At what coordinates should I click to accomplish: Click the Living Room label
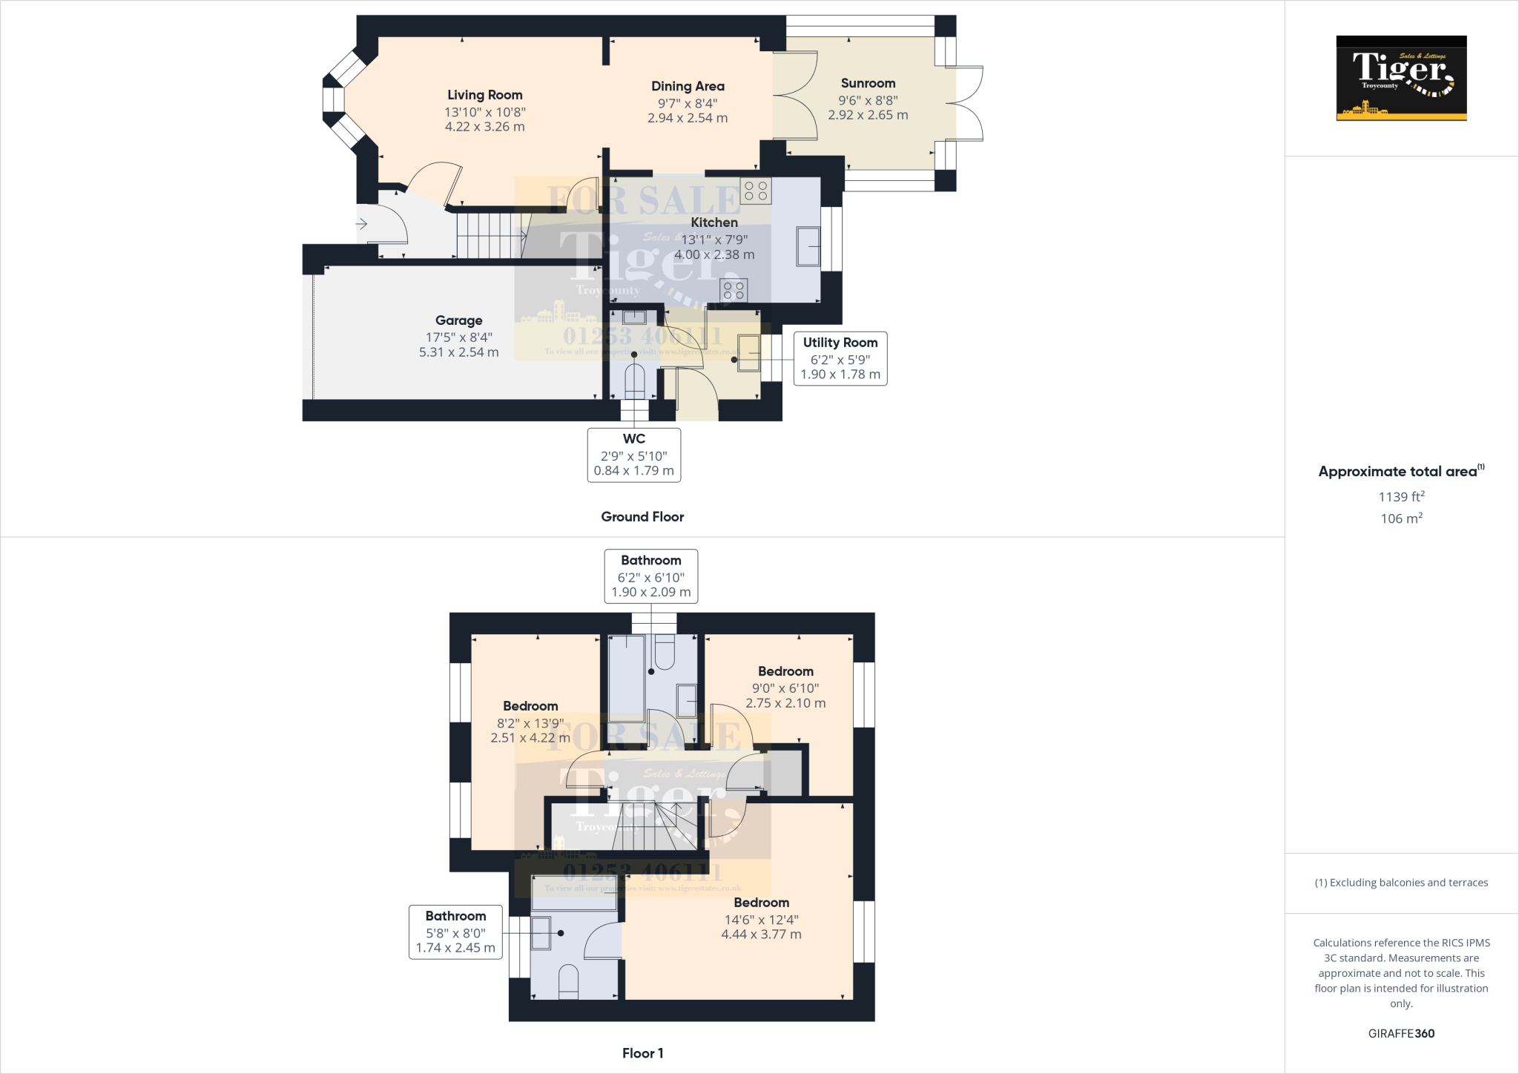pos(484,95)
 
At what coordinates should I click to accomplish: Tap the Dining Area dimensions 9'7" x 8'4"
pos(688,104)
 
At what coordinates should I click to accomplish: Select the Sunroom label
pos(868,83)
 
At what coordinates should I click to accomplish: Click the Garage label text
pos(458,320)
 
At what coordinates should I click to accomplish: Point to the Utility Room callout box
pos(840,358)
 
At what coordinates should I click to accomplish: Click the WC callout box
pos(633,455)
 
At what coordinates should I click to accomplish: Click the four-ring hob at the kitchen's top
pos(756,191)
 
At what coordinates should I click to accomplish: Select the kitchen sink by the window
pos(808,247)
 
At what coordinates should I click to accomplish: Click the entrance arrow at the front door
pos(362,223)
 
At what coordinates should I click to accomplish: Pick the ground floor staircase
pos(490,234)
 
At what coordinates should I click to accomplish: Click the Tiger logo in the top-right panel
pos(1401,78)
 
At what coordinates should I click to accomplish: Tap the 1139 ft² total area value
pos(1401,496)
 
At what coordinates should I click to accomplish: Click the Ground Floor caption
pos(642,517)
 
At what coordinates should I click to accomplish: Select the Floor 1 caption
pos(642,1053)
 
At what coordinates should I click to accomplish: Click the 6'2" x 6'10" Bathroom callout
pos(650,576)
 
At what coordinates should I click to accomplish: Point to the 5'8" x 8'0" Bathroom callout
pos(455,932)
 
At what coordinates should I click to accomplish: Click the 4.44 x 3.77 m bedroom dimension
pos(761,935)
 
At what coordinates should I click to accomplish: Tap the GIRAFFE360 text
pos(1401,1033)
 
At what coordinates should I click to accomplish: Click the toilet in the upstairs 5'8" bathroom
pos(568,981)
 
